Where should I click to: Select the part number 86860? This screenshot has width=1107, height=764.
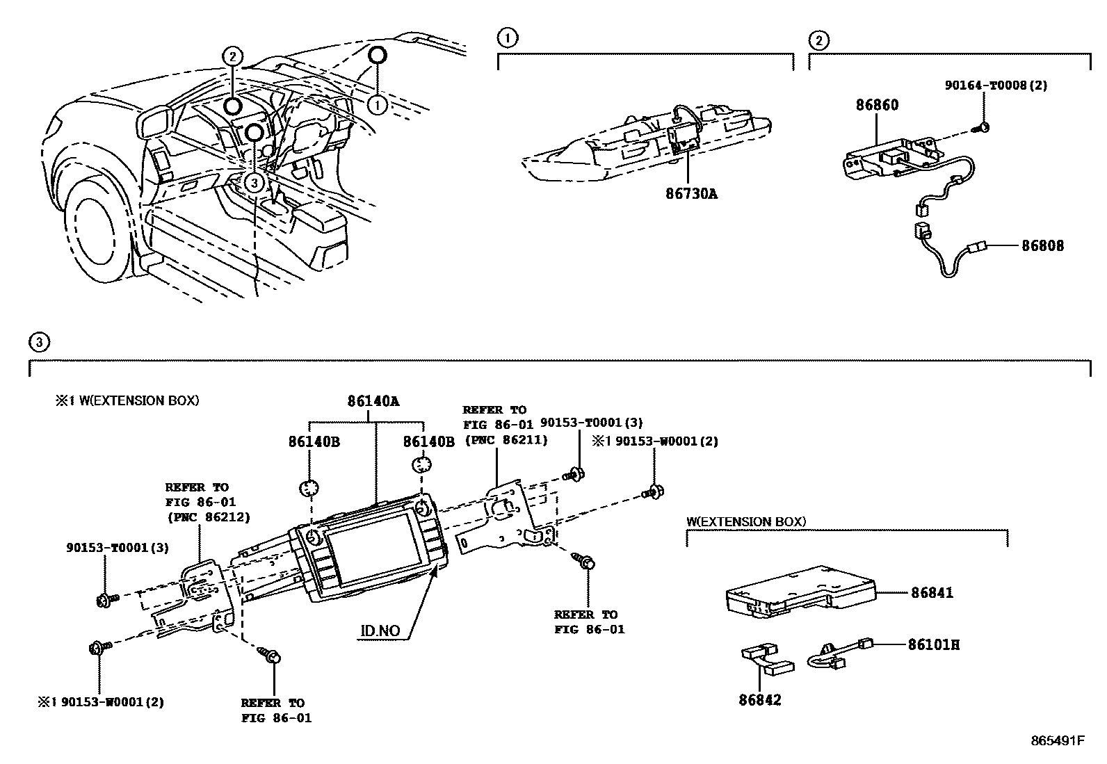877,105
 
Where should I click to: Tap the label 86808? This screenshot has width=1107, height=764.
1042,245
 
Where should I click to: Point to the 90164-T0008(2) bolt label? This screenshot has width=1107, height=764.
996,86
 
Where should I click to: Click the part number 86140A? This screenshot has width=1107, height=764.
374,401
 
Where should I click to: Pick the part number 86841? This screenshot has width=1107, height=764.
932,593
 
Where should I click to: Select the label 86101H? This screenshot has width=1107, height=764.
933,644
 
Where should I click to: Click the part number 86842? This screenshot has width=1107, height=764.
760,699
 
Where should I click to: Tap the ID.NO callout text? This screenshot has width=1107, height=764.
380,631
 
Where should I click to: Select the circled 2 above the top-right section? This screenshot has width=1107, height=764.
818,40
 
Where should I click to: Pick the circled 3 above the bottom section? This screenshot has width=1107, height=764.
39,341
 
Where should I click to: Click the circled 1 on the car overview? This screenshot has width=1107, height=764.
377,105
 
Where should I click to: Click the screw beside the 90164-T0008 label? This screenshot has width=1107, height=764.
983,128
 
